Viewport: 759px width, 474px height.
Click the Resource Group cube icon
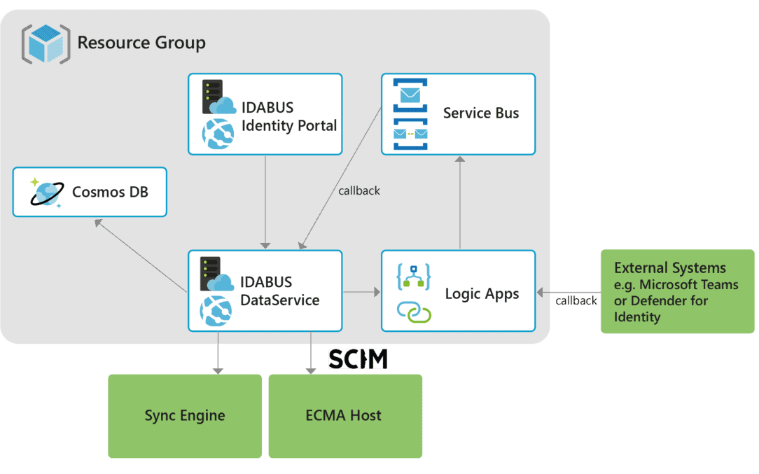point(46,43)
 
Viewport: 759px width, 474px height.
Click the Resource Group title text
point(141,43)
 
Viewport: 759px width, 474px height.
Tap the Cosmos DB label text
point(110,192)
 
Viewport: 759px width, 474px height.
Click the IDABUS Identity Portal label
point(288,116)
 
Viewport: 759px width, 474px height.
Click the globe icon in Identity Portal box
point(217,134)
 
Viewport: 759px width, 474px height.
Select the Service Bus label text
point(480,113)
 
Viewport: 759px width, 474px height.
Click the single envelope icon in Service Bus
point(410,95)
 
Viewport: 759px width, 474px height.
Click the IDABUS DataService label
point(280,291)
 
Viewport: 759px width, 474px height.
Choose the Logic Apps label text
point(482,293)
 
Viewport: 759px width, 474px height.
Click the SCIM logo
point(358,358)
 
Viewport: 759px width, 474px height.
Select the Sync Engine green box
point(185,416)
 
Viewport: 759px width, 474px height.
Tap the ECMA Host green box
point(344,416)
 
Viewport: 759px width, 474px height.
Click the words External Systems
point(669,268)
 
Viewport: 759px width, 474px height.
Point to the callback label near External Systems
point(576,301)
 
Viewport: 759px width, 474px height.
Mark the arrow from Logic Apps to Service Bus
point(459,202)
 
